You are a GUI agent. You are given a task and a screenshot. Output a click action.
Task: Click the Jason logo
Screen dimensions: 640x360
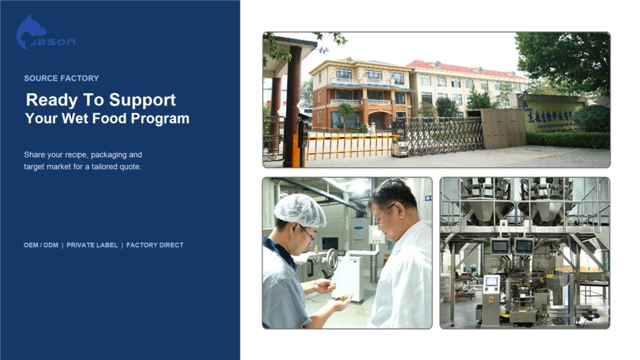pos(46,32)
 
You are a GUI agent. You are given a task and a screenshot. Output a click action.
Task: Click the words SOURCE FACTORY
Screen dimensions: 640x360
pos(61,78)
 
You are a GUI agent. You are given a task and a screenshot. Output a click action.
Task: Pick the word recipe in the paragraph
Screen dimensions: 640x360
pos(76,155)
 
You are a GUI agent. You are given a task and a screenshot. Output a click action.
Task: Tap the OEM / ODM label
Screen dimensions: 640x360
pos(41,245)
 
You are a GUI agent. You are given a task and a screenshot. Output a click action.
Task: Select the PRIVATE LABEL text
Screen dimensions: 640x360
pos(92,245)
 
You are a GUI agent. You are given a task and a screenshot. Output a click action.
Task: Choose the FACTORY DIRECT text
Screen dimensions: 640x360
pos(155,245)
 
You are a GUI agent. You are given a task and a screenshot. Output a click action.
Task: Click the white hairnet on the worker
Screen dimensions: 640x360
pos(299,210)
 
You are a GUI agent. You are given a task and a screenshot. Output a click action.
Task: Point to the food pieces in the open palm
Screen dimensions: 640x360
pos(342,298)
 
